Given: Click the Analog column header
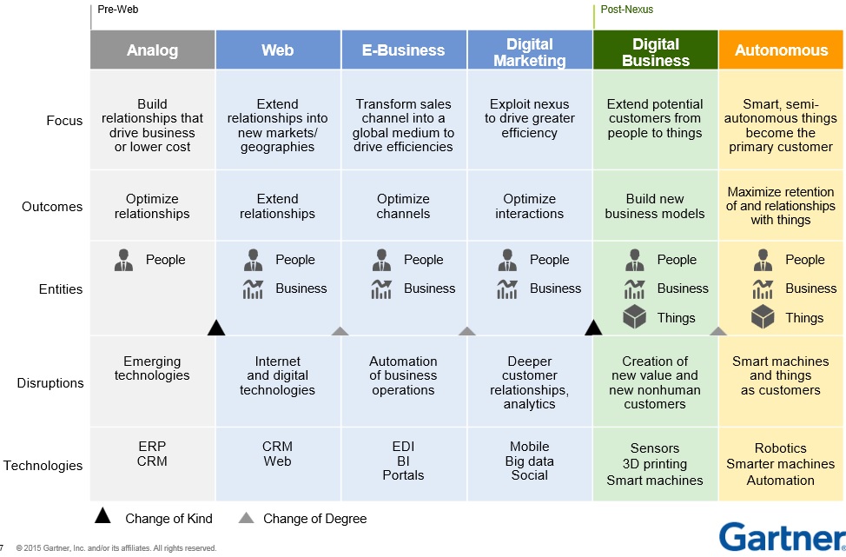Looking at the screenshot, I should [x=152, y=50].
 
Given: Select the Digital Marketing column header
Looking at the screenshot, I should [x=530, y=51].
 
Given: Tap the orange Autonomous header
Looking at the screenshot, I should [x=781, y=50].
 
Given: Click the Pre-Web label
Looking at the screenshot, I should [x=117, y=10].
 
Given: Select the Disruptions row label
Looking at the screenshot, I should [x=50, y=383].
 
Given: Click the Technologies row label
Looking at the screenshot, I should [x=43, y=466].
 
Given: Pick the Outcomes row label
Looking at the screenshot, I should [x=52, y=207].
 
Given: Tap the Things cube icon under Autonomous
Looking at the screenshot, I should [x=763, y=317].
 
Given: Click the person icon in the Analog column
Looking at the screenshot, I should [x=124, y=260].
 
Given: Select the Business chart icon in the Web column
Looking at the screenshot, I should [x=253, y=288].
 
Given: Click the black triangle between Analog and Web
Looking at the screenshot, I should [x=216, y=328].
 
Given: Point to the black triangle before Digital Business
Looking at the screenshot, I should [x=593, y=328].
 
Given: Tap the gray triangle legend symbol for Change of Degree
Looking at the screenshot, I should [x=247, y=519].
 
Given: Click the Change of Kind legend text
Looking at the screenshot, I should [x=169, y=519].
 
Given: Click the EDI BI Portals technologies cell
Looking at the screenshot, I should [x=403, y=461].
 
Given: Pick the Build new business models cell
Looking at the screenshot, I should [x=655, y=206].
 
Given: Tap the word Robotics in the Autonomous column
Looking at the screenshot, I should [x=780, y=448].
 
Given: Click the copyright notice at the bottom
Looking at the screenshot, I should [x=116, y=548].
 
